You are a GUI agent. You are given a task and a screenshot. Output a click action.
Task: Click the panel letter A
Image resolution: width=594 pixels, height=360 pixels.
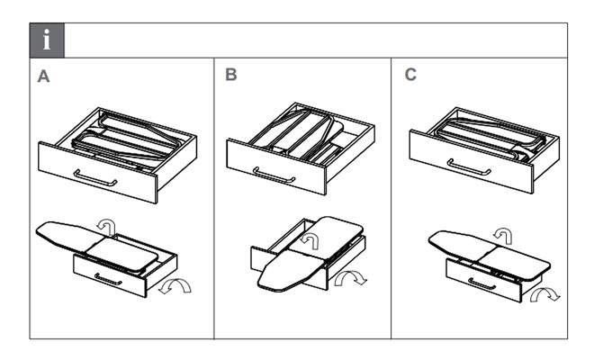[x=43, y=78]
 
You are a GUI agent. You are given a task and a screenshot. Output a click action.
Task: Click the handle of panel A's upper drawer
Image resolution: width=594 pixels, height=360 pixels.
[x=96, y=177]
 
